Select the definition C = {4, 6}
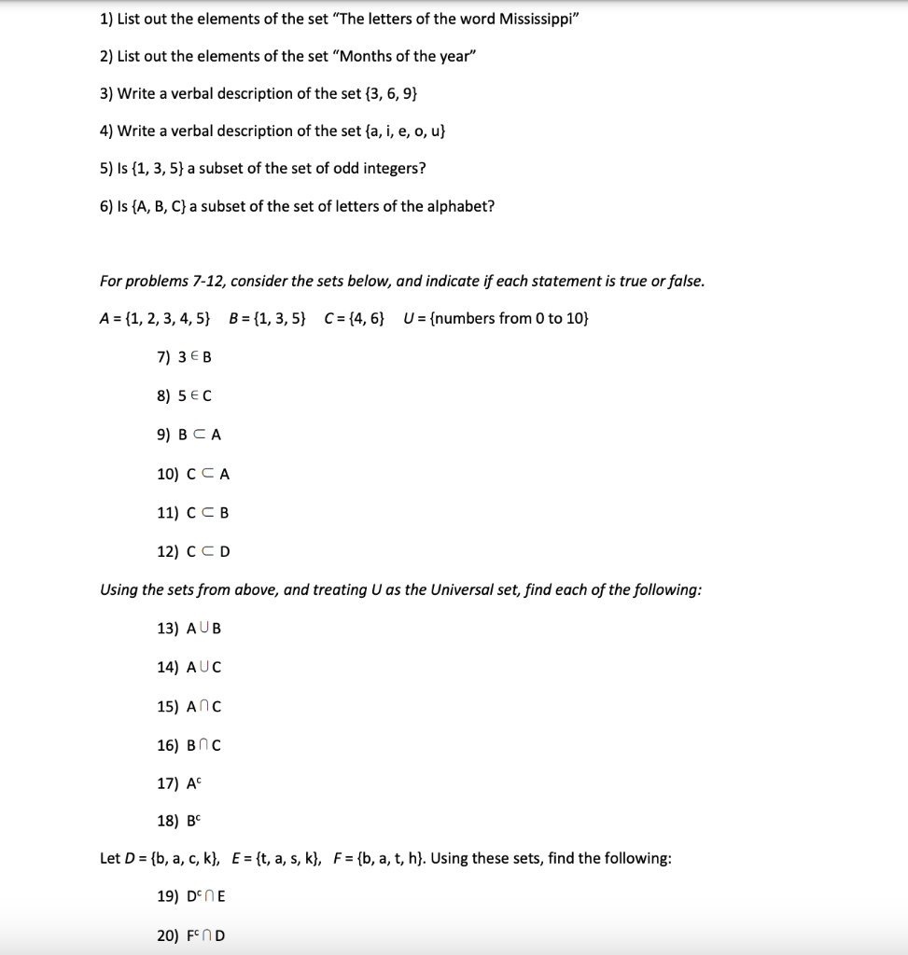pos(354,319)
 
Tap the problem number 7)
pos(165,357)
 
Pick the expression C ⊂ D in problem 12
pos(208,551)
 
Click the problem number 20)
pos(168,935)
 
